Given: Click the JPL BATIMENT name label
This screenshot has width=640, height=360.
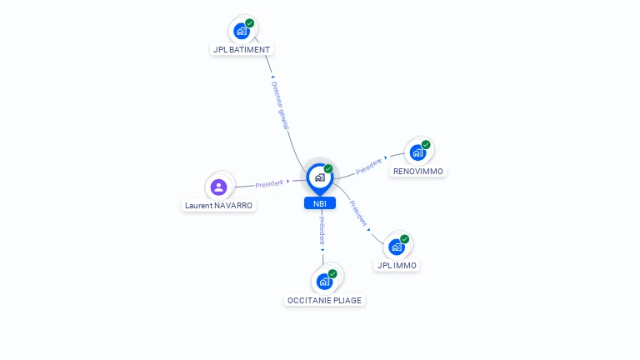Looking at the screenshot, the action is click(x=242, y=50).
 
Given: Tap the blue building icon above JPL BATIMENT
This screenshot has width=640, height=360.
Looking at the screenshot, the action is click(x=241, y=31).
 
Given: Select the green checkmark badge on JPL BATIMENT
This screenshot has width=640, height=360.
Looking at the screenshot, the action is click(x=250, y=23).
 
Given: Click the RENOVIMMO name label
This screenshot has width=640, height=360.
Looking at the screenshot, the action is click(x=418, y=172).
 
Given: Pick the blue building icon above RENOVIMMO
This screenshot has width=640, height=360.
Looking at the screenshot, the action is click(x=417, y=153).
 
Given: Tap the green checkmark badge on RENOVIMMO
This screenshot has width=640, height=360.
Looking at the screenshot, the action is click(x=426, y=145).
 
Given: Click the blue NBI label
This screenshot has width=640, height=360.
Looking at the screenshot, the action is click(x=320, y=203).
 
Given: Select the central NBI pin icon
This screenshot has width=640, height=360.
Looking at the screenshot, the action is click(x=320, y=179).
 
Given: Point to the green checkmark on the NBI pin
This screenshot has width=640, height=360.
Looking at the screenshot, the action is click(x=328, y=169).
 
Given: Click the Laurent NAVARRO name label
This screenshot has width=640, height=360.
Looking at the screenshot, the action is click(x=219, y=206).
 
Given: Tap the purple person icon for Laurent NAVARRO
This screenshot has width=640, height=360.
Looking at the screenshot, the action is click(x=219, y=187).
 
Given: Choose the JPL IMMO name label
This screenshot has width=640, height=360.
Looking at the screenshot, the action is click(x=397, y=266).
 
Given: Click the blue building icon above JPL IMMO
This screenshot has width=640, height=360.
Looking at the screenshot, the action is click(x=397, y=247).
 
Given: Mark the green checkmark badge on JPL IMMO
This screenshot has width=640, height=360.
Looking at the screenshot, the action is click(x=404, y=239).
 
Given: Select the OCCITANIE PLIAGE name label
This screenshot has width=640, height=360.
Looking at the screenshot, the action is click(x=324, y=301).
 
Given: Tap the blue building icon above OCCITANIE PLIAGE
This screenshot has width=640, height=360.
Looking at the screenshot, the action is click(x=324, y=282).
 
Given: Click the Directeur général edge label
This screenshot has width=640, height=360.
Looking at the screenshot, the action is click(x=280, y=105).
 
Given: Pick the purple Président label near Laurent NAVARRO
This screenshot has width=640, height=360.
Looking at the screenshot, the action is click(x=269, y=184).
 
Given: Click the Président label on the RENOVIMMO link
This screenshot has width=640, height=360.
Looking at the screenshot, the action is click(x=368, y=167).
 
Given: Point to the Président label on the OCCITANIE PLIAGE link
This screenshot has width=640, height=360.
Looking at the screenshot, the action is click(x=322, y=231).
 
